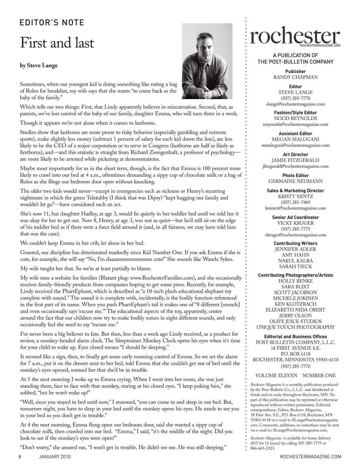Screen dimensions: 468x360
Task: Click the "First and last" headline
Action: coord(57,43)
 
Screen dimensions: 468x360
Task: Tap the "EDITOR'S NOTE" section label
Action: coord(52,23)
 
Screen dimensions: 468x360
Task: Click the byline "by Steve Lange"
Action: coord(39,65)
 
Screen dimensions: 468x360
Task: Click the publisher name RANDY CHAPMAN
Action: coord(295,77)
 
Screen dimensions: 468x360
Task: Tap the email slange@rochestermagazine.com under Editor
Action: coord(295,104)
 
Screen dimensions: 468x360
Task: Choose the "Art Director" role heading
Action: coord(295,154)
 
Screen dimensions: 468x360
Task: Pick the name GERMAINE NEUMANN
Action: coord(295,181)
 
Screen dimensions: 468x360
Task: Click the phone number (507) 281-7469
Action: coord(295,202)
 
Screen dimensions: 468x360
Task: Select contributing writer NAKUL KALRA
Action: coord(295,260)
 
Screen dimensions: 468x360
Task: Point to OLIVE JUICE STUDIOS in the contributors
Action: coord(295,321)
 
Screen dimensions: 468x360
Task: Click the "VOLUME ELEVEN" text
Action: coord(276,375)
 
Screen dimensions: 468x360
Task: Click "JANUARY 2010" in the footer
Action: coord(55,456)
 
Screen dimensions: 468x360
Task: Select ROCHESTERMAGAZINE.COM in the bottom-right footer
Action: coord(310,456)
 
